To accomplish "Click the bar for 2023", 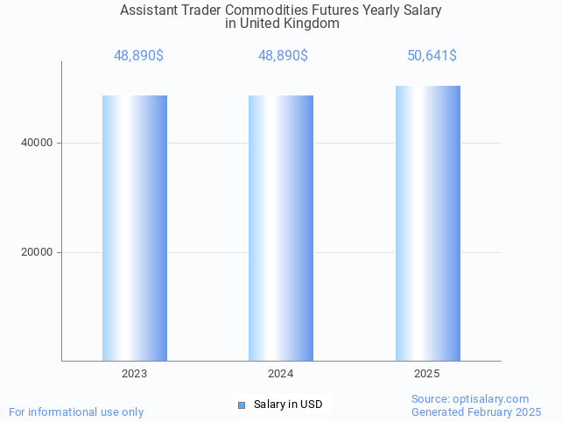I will pyautogui.click(x=135, y=228).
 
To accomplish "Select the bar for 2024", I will pyautogui.click(x=281, y=228).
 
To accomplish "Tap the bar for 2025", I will pyautogui.click(x=427, y=223).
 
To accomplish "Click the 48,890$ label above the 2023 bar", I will pyautogui.click(x=138, y=56).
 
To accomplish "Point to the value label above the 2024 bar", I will pyautogui.click(x=283, y=56).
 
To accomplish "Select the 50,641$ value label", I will pyautogui.click(x=432, y=56).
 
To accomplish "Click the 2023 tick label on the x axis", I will pyautogui.click(x=135, y=374).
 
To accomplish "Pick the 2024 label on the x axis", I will pyautogui.click(x=281, y=374).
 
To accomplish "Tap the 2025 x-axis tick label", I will pyautogui.click(x=427, y=374).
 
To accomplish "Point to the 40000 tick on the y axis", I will pyautogui.click(x=37, y=143).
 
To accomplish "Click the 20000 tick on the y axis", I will pyautogui.click(x=37, y=252).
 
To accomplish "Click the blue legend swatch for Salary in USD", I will pyautogui.click(x=242, y=404).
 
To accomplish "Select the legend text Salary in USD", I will pyautogui.click(x=288, y=404).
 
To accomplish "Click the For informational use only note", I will pyautogui.click(x=76, y=411).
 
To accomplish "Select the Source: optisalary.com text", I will pyautogui.click(x=470, y=398).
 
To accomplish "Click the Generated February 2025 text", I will pyautogui.click(x=476, y=411).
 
